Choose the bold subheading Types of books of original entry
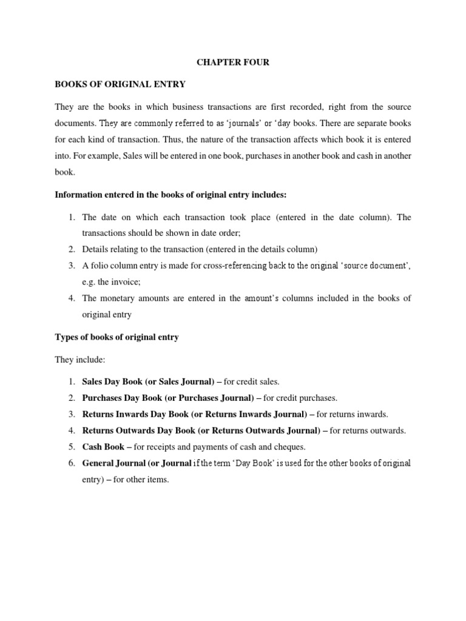pyautogui.click(x=116, y=337)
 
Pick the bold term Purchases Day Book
pyautogui.click(x=124, y=398)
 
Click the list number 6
pyautogui.click(x=70, y=463)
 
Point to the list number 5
pyautogui.click(x=70, y=447)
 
